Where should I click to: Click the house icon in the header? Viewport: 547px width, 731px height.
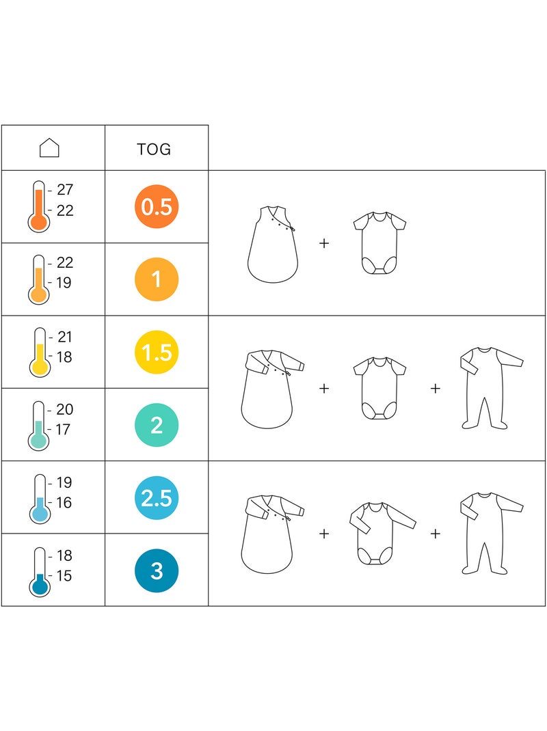tap(49, 148)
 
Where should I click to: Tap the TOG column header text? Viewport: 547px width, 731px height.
tap(154, 149)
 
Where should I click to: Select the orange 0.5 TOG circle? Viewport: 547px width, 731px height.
tap(157, 206)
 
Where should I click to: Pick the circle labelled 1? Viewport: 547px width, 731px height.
tap(157, 279)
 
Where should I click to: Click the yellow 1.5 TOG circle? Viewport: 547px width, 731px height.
tap(157, 352)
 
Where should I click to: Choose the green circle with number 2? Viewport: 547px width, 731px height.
tap(157, 425)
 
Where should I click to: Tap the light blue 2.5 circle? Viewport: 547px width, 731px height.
tap(157, 497)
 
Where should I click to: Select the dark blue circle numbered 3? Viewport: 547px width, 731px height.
tap(157, 570)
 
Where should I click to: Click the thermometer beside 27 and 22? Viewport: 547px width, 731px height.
tap(38, 206)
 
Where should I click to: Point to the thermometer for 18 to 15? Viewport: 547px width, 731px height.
tap(40, 572)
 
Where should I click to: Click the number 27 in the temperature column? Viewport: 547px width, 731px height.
tap(65, 189)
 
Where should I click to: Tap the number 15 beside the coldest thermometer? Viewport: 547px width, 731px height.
tap(64, 575)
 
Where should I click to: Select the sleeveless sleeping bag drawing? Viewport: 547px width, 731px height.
tap(273, 244)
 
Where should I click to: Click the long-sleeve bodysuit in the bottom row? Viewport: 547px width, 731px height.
tap(382, 533)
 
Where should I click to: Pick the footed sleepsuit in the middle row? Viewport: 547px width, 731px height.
tap(492, 388)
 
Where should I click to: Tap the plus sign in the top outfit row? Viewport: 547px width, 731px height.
tap(324, 243)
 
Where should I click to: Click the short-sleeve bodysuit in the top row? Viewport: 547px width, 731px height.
tap(379, 243)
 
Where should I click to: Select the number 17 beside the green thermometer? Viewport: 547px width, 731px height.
tap(62, 429)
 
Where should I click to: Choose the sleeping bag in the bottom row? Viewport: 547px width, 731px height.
tap(273, 534)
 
